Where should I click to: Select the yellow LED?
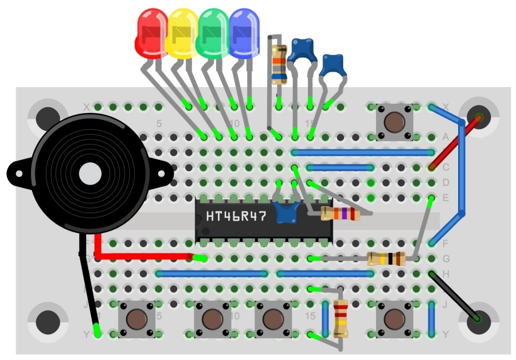coord(182,33)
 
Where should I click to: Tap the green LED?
coord(213,33)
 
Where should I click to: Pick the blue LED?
coord(244,33)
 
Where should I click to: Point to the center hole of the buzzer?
coord(90,174)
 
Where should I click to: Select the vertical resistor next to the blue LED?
coord(279,64)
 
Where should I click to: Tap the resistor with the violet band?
coord(340,214)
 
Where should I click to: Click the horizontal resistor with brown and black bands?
coord(387,259)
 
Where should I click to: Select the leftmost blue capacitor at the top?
coord(303,50)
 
